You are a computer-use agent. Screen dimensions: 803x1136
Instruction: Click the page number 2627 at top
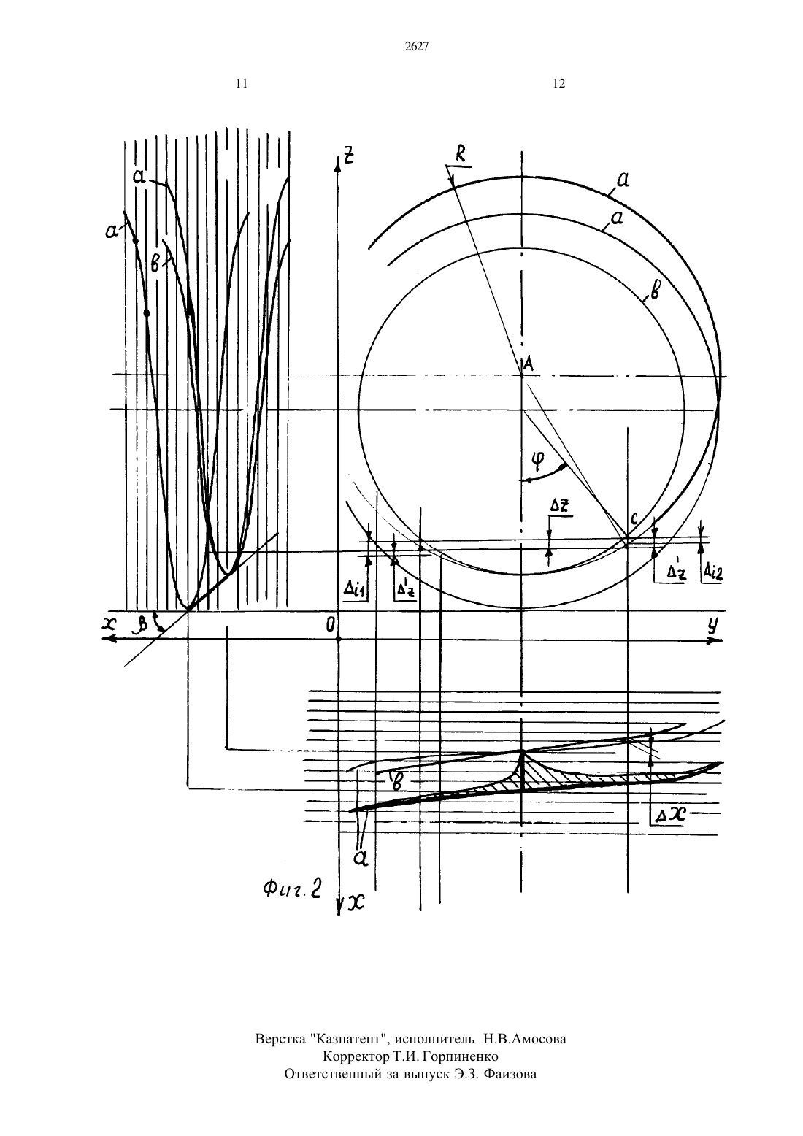(417, 47)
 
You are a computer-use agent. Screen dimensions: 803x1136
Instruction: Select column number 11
(242, 84)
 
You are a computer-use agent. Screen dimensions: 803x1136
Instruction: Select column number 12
(558, 84)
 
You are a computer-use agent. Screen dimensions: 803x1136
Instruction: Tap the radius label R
(461, 156)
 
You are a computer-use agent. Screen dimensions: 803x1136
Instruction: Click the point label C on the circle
(634, 519)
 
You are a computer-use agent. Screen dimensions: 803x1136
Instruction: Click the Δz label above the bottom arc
(561, 507)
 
